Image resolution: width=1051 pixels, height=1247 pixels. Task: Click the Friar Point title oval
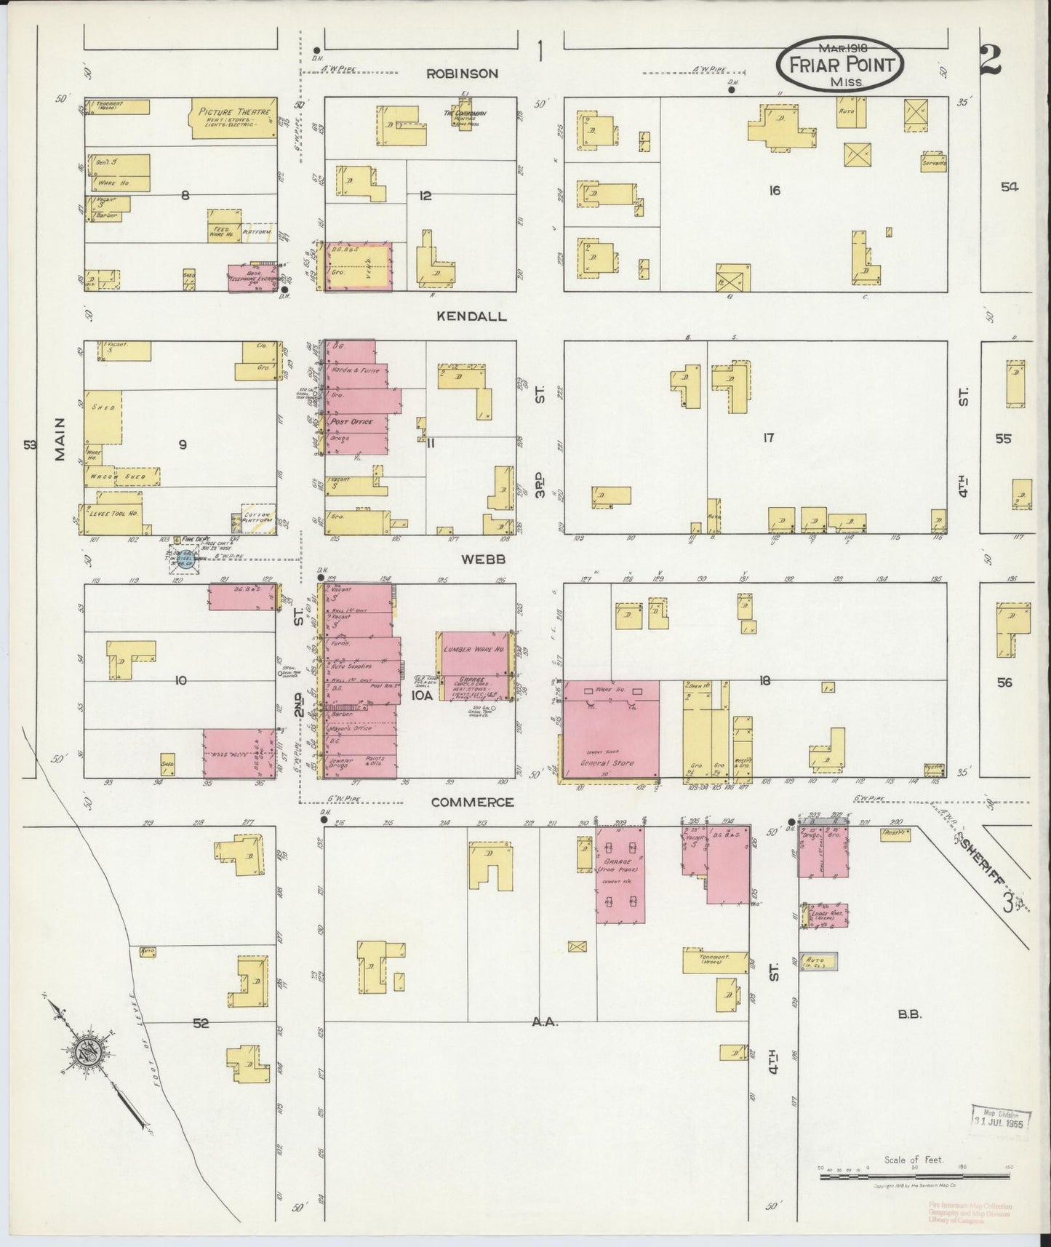point(841,64)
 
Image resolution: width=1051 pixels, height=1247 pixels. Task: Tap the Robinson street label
point(462,73)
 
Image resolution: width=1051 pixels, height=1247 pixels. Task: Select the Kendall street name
point(471,316)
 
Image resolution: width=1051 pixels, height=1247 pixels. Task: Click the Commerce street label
point(472,802)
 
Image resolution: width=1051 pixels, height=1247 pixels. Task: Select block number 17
point(768,437)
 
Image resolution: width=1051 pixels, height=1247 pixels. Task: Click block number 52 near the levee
point(201,1023)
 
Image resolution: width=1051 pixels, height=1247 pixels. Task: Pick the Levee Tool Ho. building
point(113,513)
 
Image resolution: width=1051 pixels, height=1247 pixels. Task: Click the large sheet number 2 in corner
point(991,61)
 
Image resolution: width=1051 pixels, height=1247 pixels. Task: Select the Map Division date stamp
point(1002,1136)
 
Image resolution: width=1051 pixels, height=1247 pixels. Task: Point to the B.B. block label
point(910,1013)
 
